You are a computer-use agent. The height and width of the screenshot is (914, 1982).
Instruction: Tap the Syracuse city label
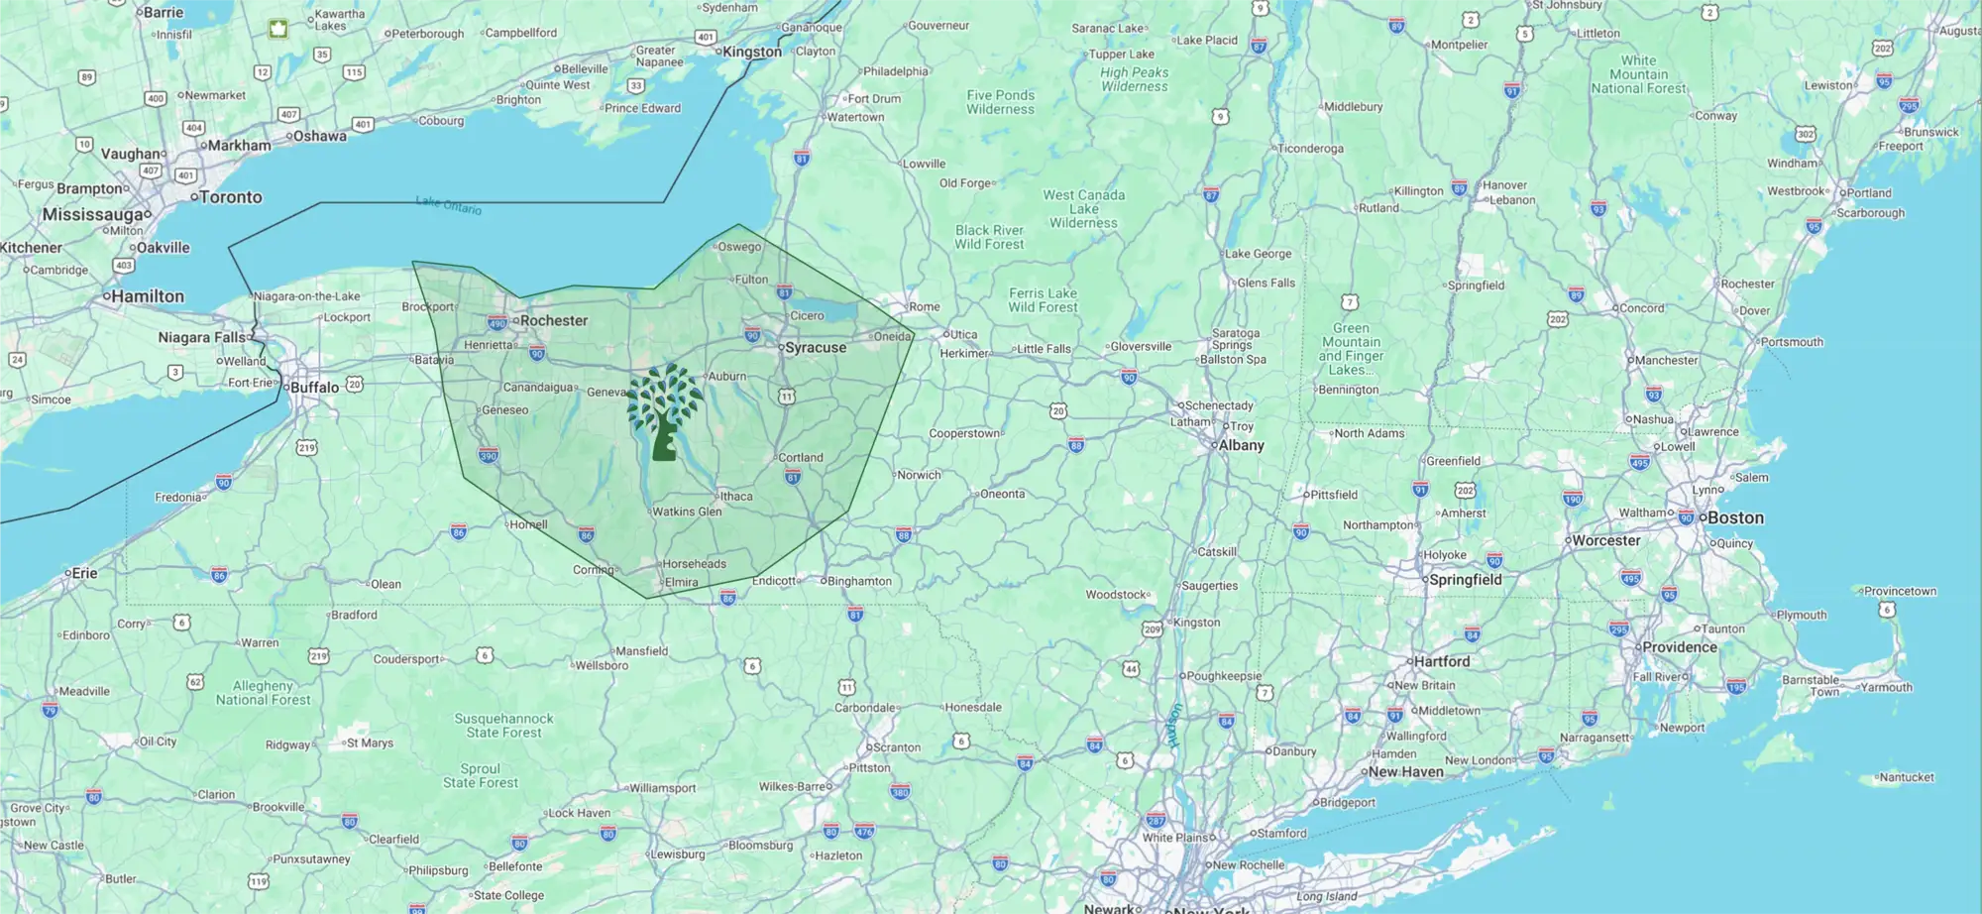(x=815, y=348)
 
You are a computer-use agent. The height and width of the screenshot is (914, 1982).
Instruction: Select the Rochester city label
(x=553, y=321)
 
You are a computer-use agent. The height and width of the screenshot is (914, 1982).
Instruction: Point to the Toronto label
(x=230, y=197)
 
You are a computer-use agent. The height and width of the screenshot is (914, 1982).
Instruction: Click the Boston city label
(x=1734, y=517)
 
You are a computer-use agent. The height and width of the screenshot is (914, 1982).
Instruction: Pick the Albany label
(x=1241, y=446)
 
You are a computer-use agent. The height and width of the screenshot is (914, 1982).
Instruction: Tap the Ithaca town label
(x=736, y=497)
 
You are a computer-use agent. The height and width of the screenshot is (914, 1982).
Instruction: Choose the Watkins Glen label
(x=687, y=513)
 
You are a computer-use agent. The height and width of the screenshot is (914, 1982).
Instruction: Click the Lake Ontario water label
(x=449, y=205)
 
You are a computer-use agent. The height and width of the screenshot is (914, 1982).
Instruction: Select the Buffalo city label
(x=314, y=388)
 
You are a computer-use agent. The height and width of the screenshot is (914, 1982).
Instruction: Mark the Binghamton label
(x=859, y=582)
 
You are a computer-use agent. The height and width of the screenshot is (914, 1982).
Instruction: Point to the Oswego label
(x=739, y=247)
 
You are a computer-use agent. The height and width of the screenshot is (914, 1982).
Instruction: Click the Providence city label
(x=1679, y=647)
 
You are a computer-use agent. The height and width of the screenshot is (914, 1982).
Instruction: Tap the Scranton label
(x=897, y=748)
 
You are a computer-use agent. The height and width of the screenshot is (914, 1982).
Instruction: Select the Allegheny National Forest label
(x=264, y=693)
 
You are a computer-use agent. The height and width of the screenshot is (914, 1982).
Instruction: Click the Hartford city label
(x=1442, y=661)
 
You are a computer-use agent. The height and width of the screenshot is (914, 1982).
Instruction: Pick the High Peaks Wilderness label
(x=1134, y=79)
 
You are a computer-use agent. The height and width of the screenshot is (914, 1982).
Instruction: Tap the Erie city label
(x=84, y=573)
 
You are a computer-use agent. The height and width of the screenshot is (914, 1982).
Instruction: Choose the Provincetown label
(x=1900, y=592)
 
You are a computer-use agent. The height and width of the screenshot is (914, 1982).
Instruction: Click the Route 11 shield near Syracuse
(x=786, y=397)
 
